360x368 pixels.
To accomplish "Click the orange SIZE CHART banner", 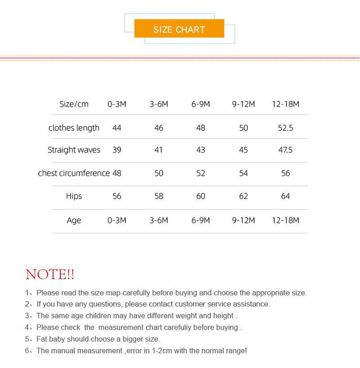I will (x=179, y=29).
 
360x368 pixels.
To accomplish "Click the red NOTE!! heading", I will (x=50, y=274).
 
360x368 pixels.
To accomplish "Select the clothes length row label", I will (x=74, y=128).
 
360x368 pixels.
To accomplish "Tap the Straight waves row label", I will (x=74, y=150).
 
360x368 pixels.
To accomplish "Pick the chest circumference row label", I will (x=74, y=173).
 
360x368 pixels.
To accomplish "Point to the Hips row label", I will (x=74, y=196).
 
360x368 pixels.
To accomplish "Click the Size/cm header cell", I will (x=74, y=104).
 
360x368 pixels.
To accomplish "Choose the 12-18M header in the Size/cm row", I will (x=285, y=104).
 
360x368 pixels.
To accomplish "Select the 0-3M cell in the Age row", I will (x=117, y=220).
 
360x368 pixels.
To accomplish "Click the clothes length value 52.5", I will (x=285, y=128).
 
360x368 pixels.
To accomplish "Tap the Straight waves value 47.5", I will (x=285, y=150).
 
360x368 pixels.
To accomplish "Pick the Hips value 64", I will (x=285, y=196).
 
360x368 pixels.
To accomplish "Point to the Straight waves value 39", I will (x=117, y=150).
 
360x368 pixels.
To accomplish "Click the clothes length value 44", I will (x=117, y=128).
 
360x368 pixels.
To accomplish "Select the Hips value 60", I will (x=201, y=196).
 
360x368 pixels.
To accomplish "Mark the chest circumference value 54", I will (x=243, y=173).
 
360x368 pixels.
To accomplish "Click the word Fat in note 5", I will (x=43, y=339).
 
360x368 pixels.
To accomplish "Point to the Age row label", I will (x=74, y=220).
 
